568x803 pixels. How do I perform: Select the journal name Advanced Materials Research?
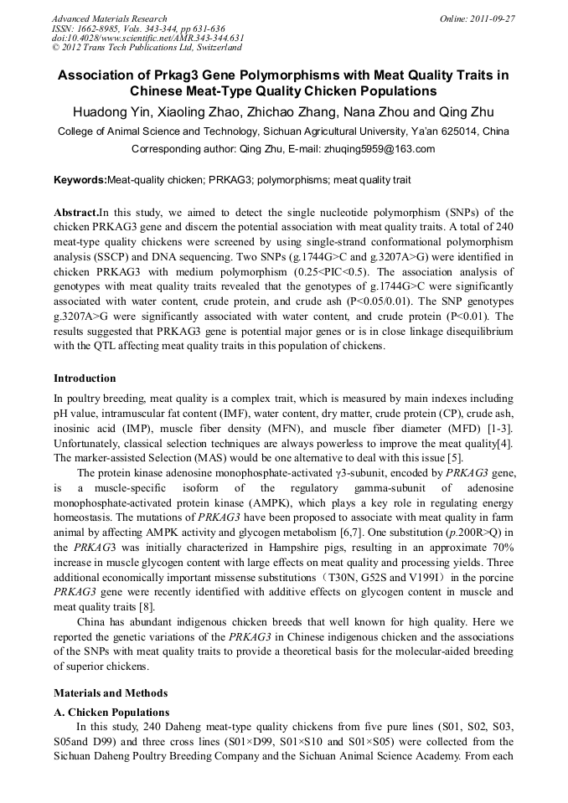(x=109, y=18)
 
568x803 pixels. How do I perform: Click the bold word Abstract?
(x=75, y=213)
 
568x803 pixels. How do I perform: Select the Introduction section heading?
(x=85, y=378)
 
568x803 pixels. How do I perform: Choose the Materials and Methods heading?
(x=111, y=693)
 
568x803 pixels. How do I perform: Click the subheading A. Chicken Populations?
(x=111, y=712)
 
